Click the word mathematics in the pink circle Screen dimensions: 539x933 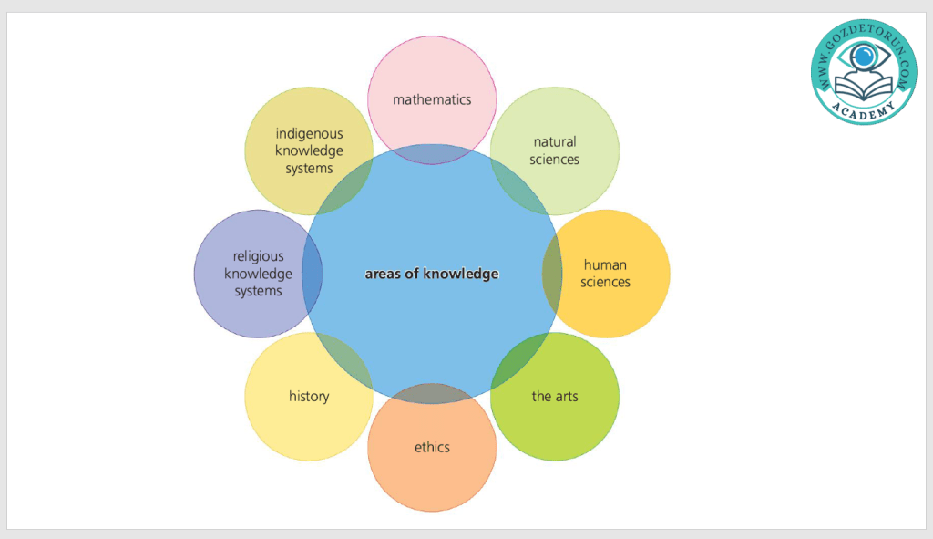[x=432, y=99]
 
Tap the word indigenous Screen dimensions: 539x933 [x=310, y=134]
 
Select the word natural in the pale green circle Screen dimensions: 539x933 [x=555, y=142]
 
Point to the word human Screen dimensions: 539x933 [x=605, y=265]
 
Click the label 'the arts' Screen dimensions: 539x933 [x=555, y=397]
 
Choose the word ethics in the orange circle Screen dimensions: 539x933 [x=432, y=447]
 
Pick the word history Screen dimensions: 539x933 [x=309, y=397]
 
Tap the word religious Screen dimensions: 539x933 [x=259, y=256]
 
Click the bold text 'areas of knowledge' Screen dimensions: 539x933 [x=432, y=274]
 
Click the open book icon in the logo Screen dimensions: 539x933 [x=861, y=87]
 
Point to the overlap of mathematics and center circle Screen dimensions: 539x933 [x=432, y=154]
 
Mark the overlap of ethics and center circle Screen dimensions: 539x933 [x=432, y=393]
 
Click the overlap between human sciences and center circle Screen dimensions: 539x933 [x=552, y=274]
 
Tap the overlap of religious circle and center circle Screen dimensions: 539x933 [x=313, y=274]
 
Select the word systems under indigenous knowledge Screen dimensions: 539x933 [x=310, y=169]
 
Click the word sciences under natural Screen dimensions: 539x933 [x=555, y=160]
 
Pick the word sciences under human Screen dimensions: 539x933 [x=605, y=283]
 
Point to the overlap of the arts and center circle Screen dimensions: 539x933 [x=520, y=362]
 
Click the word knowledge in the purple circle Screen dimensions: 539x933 [x=259, y=274]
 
